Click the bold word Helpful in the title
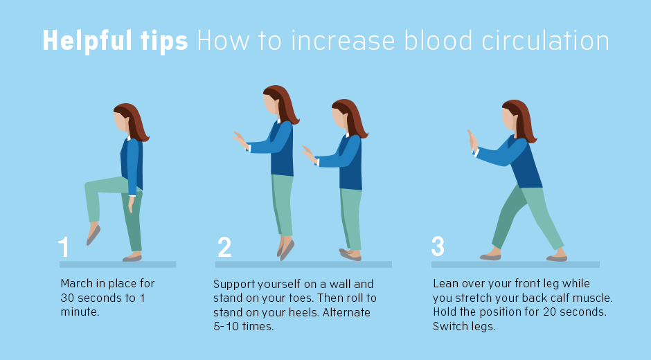pyautogui.click(x=87, y=41)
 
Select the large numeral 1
pyautogui.click(x=64, y=246)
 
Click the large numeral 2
pyautogui.click(x=224, y=246)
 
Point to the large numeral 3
pyautogui.click(x=438, y=246)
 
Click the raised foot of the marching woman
pyautogui.click(x=93, y=234)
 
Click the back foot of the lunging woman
pyautogui.click(x=557, y=258)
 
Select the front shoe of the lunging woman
pyautogui.click(x=490, y=257)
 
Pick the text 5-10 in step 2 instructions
pyautogui.click(x=226, y=326)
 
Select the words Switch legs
pyautogui.click(x=464, y=326)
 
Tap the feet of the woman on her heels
pyautogui.click(x=350, y=255)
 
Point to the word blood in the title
pyautogui.click(x=438, y=41)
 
